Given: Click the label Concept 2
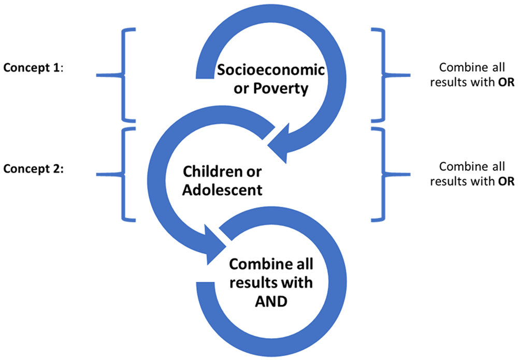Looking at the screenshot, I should (32, 169).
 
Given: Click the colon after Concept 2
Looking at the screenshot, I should (62, 169).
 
